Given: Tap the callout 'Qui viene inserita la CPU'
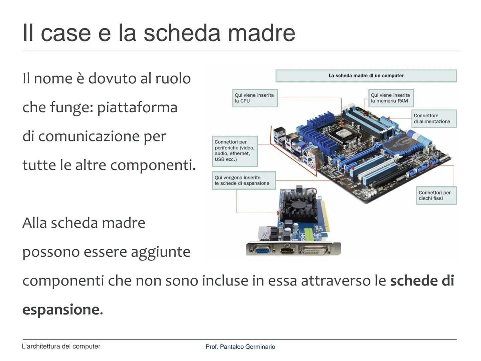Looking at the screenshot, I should pyautogui.click(x=255, y=98).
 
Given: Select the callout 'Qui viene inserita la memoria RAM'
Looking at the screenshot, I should pyautogui.click(x=391, y=98).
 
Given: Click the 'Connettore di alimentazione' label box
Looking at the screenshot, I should pyautogui.click(x=434, y=119).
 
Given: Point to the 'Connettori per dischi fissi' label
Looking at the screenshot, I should pyautogui.click(x=436, y=196).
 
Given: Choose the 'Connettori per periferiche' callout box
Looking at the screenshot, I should pyautogui.click(x=235, y=151).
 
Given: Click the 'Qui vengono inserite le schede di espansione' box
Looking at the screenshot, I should pyautogui.click(x=244, y=180).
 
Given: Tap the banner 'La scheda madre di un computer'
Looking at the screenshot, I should pyautogui.click(x=366, y=76).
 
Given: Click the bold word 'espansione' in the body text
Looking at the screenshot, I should pyautogui.click(x=61, y=310).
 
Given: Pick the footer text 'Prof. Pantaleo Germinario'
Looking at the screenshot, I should pyautogui.click(x=240, y=347).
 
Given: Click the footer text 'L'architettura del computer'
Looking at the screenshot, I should pyautogui.click(x=61, y=346).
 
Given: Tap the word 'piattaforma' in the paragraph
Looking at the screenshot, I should pyautogui.click(x=137, y=108).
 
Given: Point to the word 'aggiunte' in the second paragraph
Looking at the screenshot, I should pyautogui.click(x=160, y=252).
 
